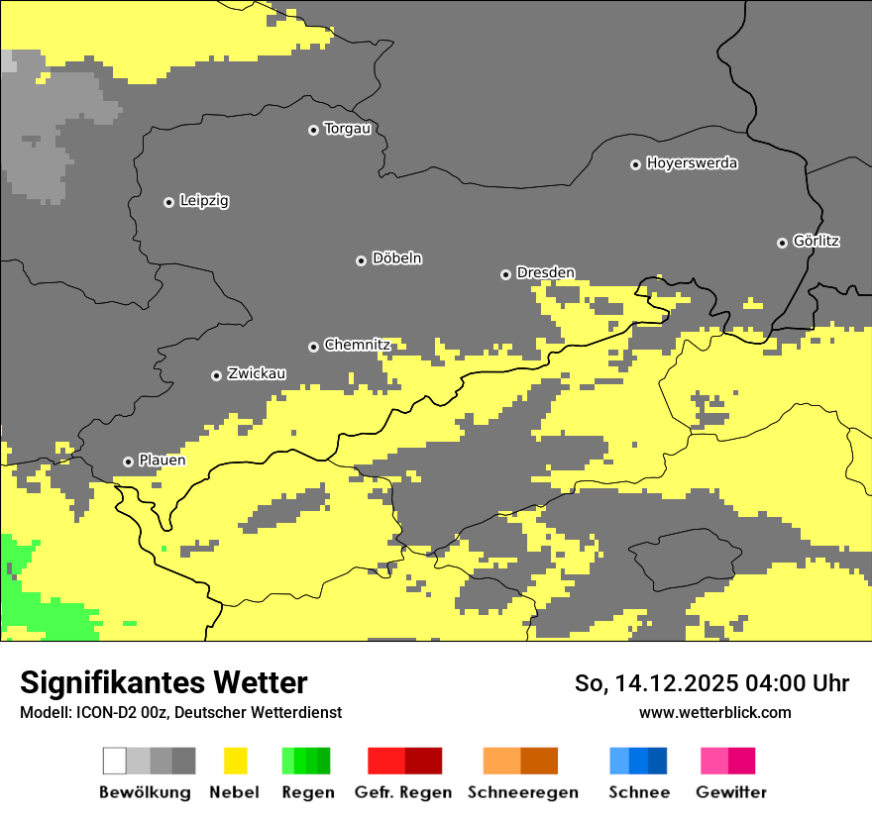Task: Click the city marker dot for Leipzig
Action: [x=168, y=202]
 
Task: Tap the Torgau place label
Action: [x=347, y=129]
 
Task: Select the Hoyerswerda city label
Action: [x=692, y=163]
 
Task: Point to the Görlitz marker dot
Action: [x=782, y=243]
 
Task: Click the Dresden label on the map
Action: [x=545, y=273]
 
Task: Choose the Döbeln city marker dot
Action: [x=361, y=260]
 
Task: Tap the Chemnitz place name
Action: [x=357, y=346]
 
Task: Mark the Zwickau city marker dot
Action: [x=216, y=375]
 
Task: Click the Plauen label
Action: [x=162, y=461]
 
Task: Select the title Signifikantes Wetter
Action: [x=163, y=682]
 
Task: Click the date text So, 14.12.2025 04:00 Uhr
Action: [x=711, y=683]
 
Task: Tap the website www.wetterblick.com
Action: [x=714, y=712]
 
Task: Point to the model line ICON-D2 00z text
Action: [x=180, y=712]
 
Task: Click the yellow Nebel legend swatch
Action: [x=235, y=761]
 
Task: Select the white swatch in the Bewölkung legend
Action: [x=115, y=761]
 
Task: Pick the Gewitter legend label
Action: [x=730, y=792]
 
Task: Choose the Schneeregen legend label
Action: [x=522, y=792]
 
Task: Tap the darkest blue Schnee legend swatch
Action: [x=657, y=761]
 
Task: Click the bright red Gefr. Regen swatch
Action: [x=386, y=761]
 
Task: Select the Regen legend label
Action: [x=306, y=792]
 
